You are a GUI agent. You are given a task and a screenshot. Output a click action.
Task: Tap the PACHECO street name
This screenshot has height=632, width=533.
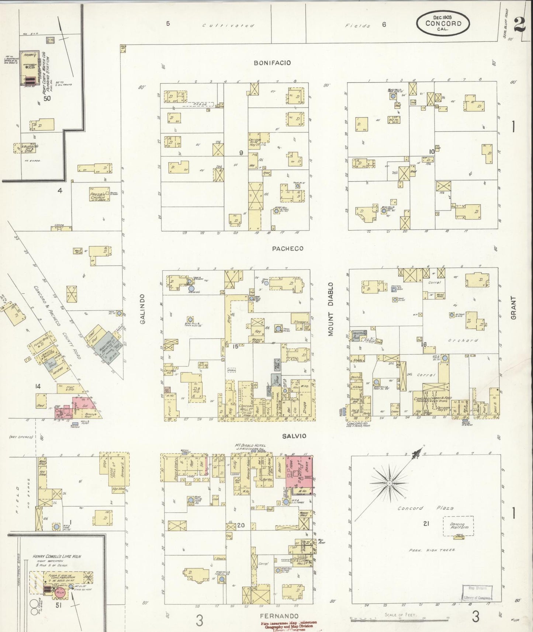[x=288, y=249]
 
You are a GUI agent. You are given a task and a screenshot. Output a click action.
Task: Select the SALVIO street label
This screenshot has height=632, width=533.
[x=294, y=436]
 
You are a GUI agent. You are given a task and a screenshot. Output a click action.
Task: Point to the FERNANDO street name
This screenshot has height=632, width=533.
[x=279, y=616]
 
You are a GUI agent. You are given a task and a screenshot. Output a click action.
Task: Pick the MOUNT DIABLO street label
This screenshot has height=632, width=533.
[x=330, y=309]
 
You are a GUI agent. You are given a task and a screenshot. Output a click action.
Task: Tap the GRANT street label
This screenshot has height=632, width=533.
[x=513, y=308]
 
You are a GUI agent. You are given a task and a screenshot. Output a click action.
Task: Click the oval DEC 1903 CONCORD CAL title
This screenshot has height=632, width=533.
[x=443, y=23]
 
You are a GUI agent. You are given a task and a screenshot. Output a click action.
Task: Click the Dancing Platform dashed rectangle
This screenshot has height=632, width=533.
[x=458, y=526]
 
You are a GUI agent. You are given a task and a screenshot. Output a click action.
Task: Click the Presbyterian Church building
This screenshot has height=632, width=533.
[x=98, y=195]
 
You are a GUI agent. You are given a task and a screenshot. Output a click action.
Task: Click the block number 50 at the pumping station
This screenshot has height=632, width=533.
[x=47, y=98]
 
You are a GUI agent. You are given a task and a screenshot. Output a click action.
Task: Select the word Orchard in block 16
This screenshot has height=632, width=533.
[x=463, y=340]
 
